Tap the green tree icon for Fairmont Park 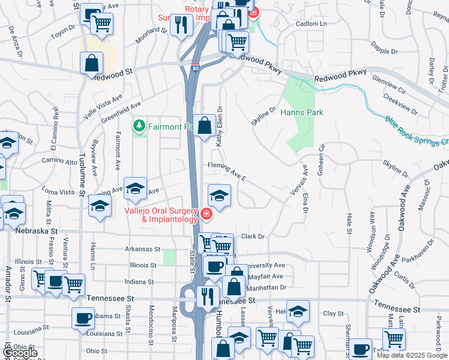point(139,125)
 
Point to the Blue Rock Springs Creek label point(416,130)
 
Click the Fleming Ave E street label point(227,170)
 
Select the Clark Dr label point(253,236)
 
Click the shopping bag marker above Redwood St point(91,63)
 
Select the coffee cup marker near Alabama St point(83,318)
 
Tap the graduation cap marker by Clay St point(297,311)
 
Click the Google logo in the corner point(19,353)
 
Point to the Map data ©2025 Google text point(412,355)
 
